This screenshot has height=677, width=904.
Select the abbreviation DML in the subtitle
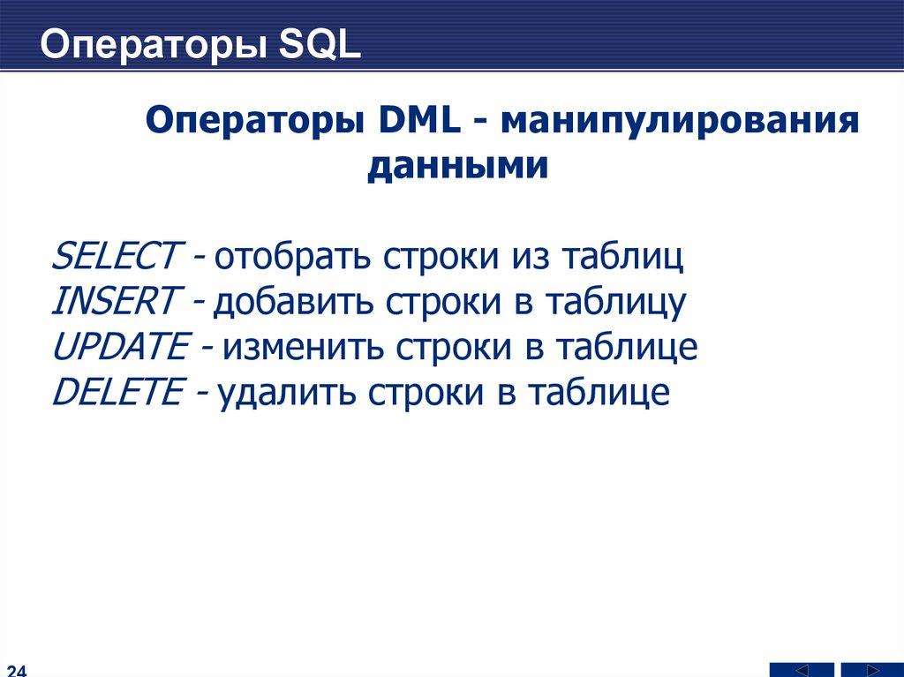tap(420, 121)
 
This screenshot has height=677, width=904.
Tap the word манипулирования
tap(680, 122)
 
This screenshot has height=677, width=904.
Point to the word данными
tap(458, 167)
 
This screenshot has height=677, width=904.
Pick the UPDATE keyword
tap(120, 346)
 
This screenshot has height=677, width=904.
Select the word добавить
tap(293, 302)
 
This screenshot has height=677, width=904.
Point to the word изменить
tap(303, 347)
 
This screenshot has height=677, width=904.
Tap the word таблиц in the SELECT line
tap(622, 257)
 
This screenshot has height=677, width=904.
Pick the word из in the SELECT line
tap(531, 258)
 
